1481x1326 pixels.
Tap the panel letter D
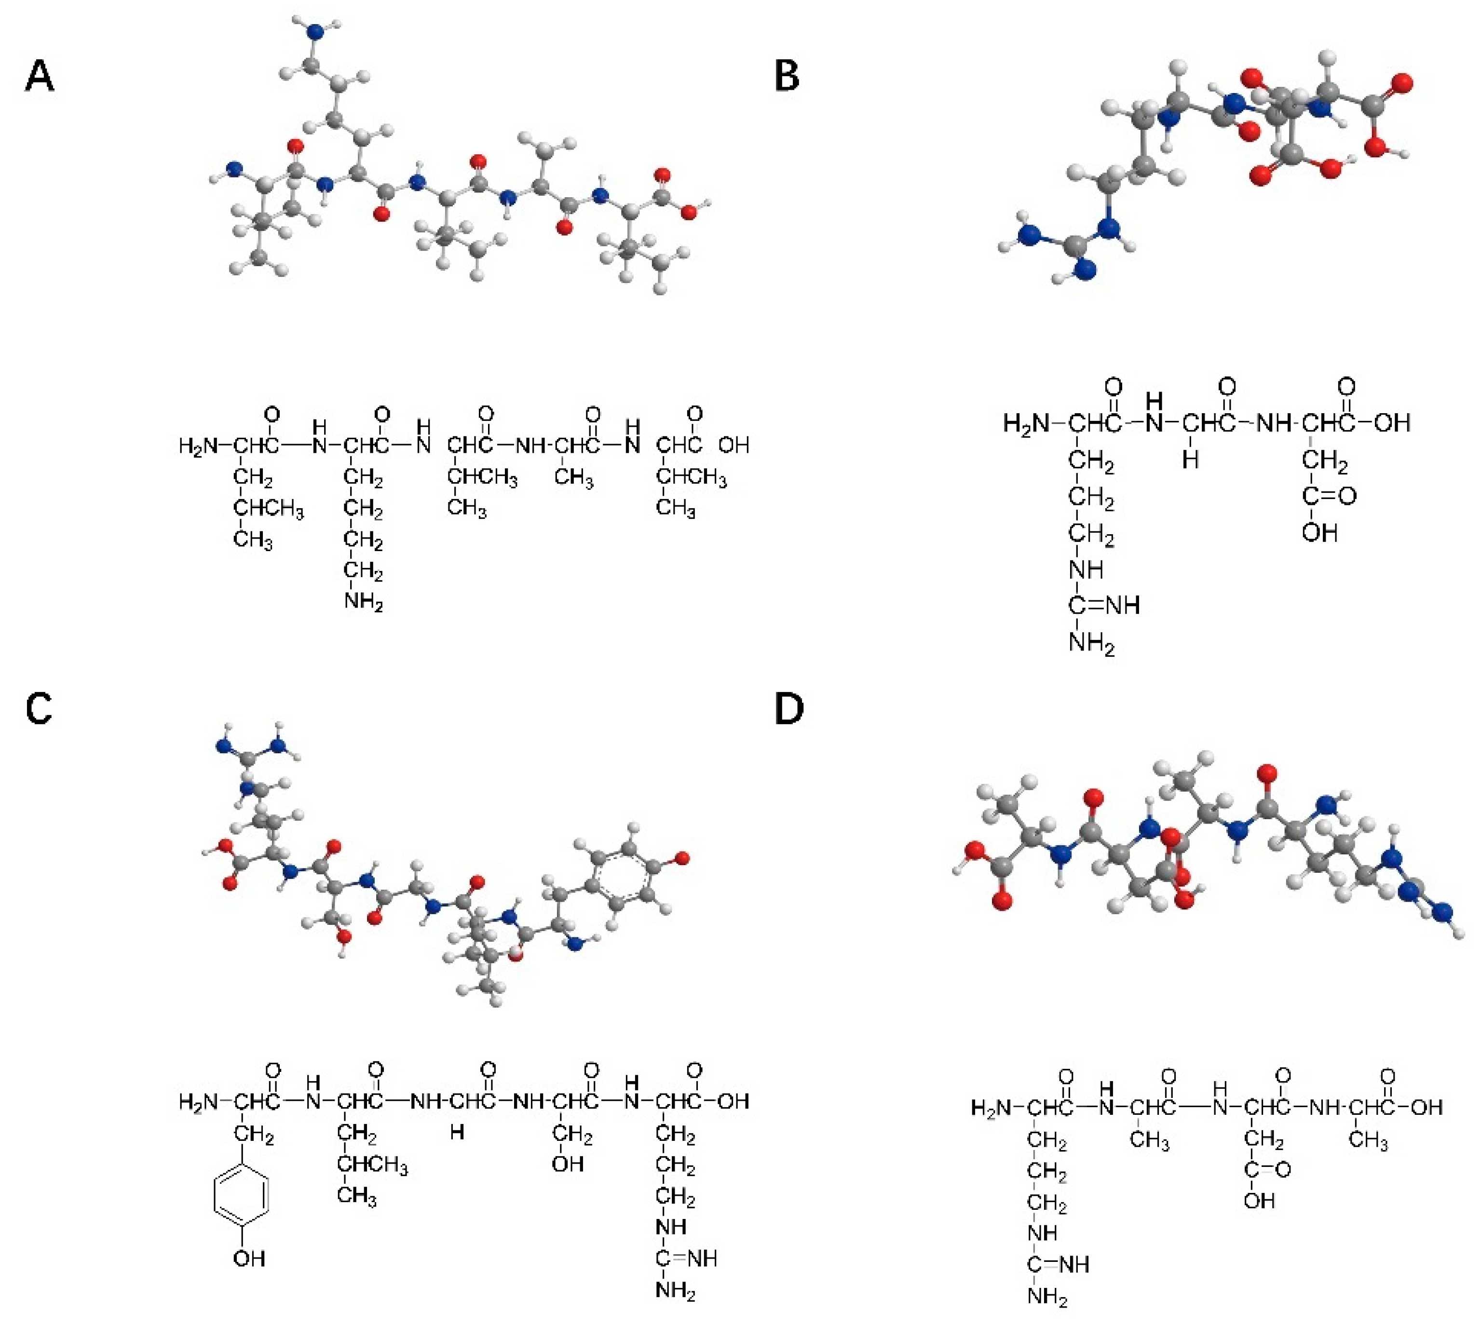[788, 709]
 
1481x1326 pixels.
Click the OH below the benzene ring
[249, 1258]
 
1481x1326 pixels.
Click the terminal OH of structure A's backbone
[734, 445]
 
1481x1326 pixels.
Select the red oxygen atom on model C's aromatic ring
[682, 860]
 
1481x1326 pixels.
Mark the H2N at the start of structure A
[198, 445]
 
